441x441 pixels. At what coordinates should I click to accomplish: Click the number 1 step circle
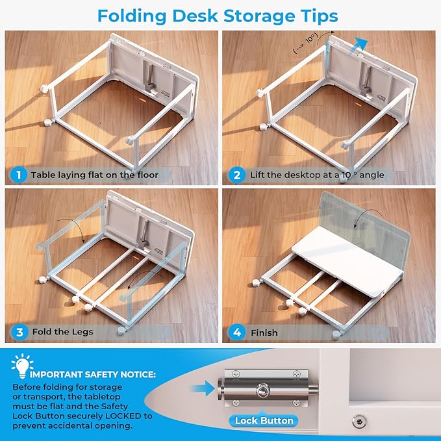click(19, 175)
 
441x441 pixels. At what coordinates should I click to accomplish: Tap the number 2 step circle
click(237, 175)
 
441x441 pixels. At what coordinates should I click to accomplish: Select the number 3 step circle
click(19, 332)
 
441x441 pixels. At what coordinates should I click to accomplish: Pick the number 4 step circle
click(237, 332)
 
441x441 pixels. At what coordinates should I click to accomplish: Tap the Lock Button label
click(264, 421)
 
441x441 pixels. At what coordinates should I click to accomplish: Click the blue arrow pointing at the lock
click(203, 388)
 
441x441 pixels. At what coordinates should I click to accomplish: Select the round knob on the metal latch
click(263, 390)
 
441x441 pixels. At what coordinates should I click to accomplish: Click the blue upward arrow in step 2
click(359, 46)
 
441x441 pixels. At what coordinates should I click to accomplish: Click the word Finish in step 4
click(264, 333)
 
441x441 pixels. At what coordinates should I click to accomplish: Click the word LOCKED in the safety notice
click(123, 416)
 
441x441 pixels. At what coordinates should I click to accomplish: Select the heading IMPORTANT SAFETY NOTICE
click(92, 375)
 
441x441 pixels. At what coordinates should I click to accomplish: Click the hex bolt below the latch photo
click(359, 421)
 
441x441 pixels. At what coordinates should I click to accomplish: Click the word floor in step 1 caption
click(147, 175)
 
